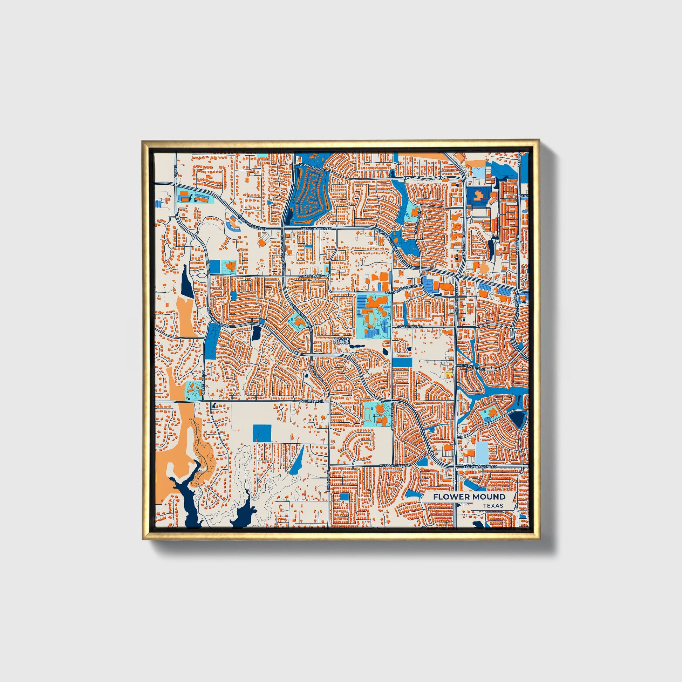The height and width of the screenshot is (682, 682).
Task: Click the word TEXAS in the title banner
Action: point(493,506)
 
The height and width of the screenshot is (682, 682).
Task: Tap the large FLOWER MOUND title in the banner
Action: point(469,497)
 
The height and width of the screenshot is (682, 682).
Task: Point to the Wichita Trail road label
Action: point(309,401)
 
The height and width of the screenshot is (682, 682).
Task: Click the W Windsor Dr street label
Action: point(312,165)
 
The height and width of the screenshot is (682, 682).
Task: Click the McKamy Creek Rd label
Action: point(395,466)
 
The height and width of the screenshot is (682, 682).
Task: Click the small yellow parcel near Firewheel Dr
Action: point(448,374)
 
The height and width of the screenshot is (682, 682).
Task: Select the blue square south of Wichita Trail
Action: point(262,433)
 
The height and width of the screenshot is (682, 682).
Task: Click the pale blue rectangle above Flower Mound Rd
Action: point(482,452)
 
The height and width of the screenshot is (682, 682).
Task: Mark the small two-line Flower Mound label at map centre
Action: point(341,341)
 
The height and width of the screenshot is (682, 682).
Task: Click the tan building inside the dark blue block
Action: point(479,195)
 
